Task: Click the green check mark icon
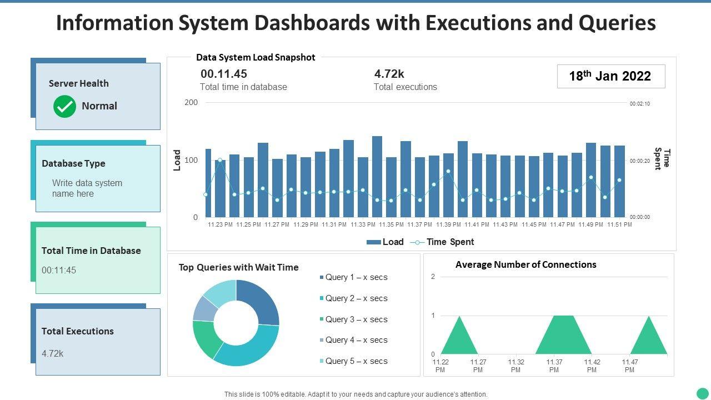click(64, 106)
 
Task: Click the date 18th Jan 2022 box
click(610, 76)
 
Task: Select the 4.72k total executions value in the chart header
click(389, 74)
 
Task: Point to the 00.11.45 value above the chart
click(223, 74)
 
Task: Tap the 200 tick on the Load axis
click(191, 102)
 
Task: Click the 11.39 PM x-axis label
click(448, 224)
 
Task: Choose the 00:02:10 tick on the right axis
click(639, 103)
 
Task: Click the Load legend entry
click(385, 242)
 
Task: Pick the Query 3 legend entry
click(355, 319)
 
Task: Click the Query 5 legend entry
click(355, 361)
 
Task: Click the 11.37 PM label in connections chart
click(554, 366)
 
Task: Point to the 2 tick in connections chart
click(433, 277)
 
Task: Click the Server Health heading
click(78, 83)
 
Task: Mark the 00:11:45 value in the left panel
click(59, 271)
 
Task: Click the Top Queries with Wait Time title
click(238, 267)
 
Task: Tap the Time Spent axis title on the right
click(662, 159)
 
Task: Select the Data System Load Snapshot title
click(256, 57)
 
